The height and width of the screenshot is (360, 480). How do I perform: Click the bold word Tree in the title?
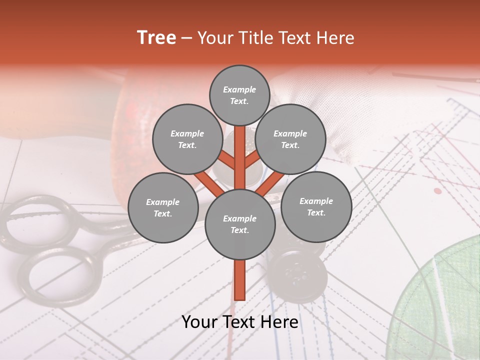click(x=156, y=38)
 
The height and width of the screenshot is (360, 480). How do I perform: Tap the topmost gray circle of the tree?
click(x=239, y=95)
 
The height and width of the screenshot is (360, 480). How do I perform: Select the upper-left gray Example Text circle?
click(x=187, y=139)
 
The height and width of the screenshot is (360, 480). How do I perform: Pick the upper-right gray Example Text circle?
click(x=290, y=139)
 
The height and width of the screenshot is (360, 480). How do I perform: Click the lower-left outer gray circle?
click(x=163, y=207)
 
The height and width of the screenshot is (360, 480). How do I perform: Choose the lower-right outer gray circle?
click(x=316, y=206)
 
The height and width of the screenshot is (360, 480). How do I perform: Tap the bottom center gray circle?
click(x=240, y=224)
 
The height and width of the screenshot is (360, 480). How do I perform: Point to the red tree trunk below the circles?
click(x=240, y=280)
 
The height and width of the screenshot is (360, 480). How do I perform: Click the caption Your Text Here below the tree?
click(x=240, y=322)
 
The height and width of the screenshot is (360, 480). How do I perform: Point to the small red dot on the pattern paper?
click(x=438, y=191)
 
